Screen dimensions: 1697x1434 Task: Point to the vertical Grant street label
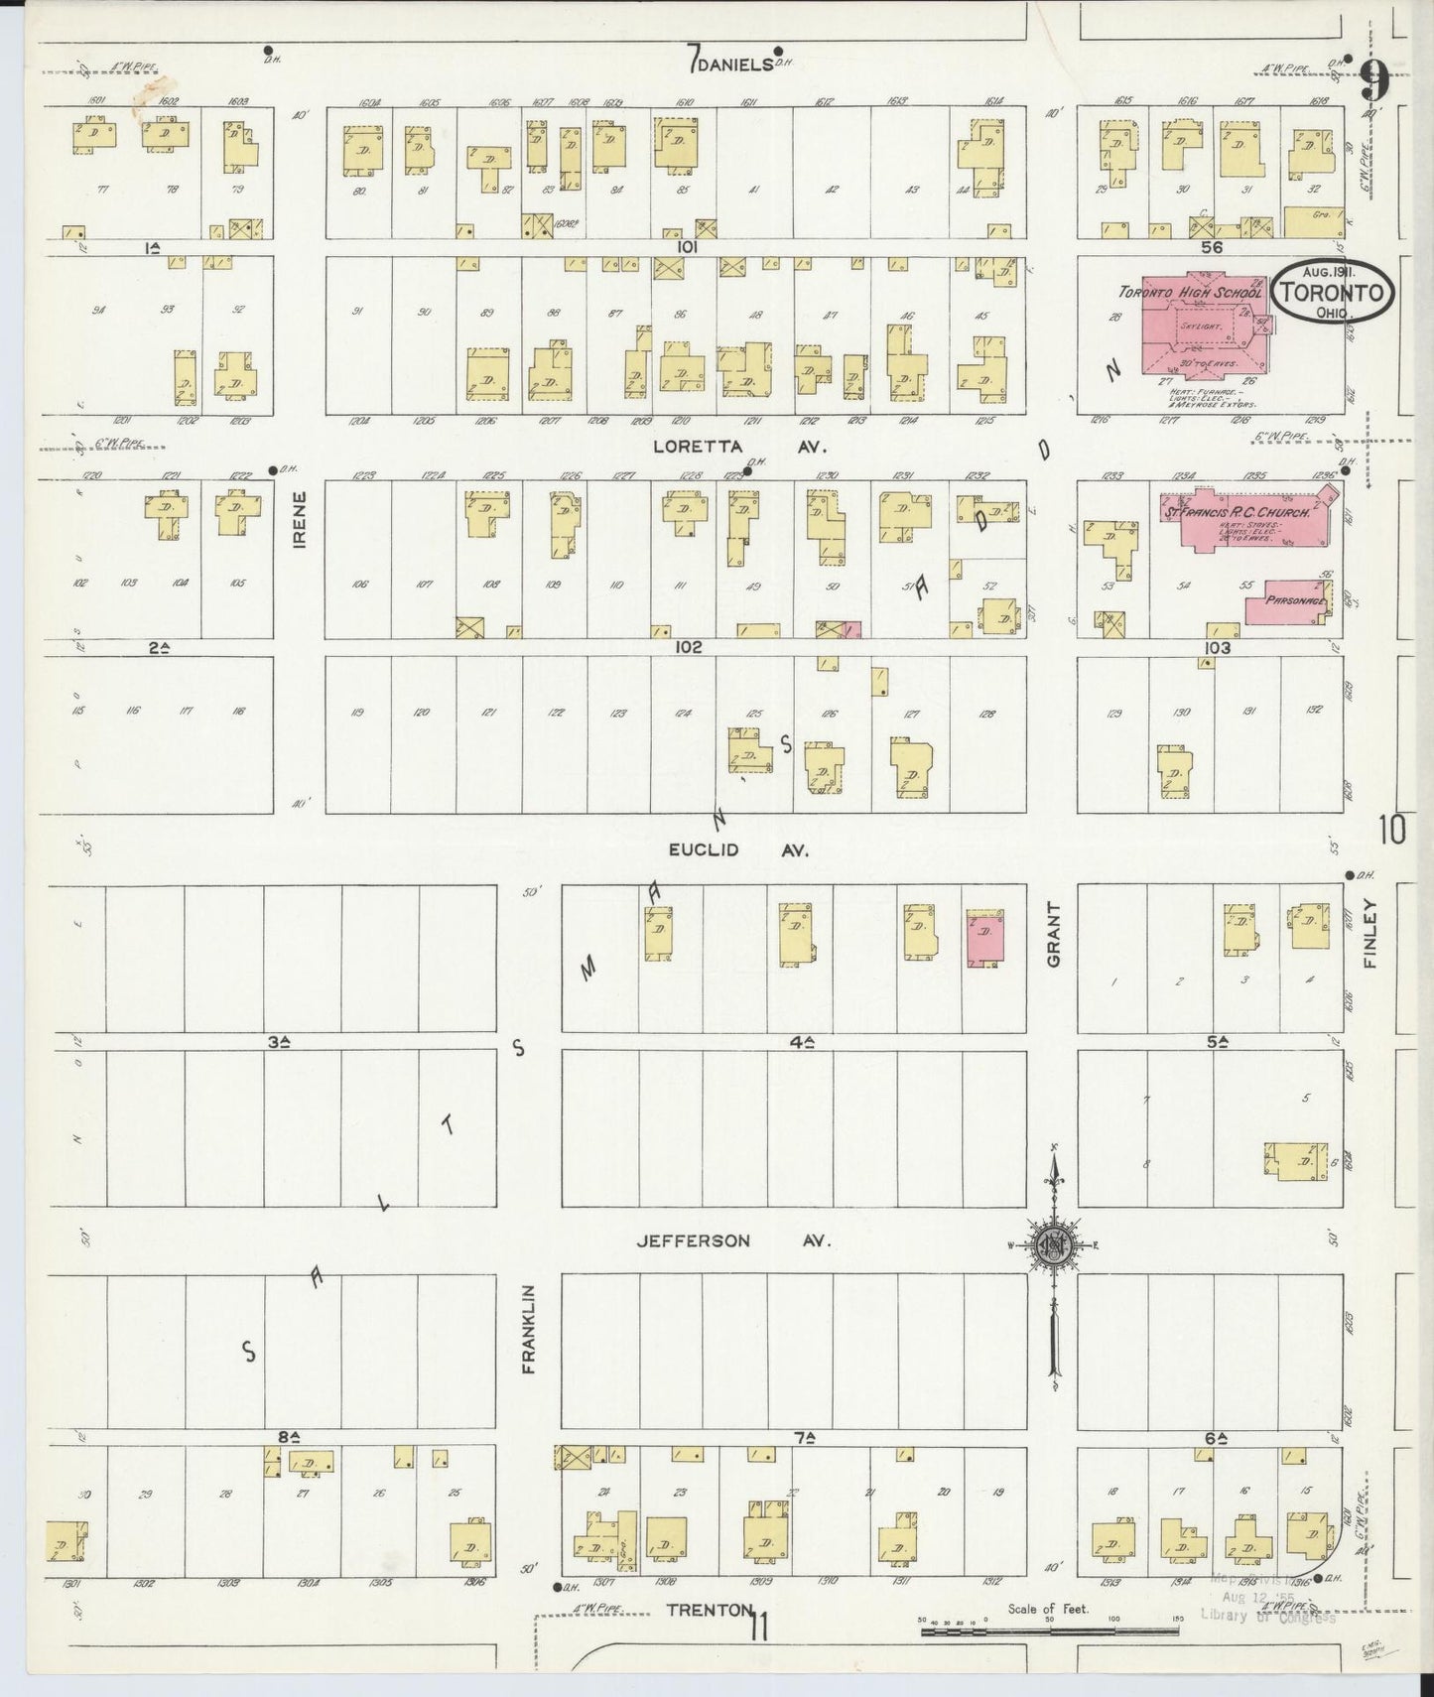pos(1053,935)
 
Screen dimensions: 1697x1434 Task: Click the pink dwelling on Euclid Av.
pos(983,938)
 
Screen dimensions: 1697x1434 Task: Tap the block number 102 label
pos(688,646)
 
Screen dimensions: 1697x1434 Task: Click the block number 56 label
pos(1211,247)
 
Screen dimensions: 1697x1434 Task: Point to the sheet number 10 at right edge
pos(1392,829)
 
